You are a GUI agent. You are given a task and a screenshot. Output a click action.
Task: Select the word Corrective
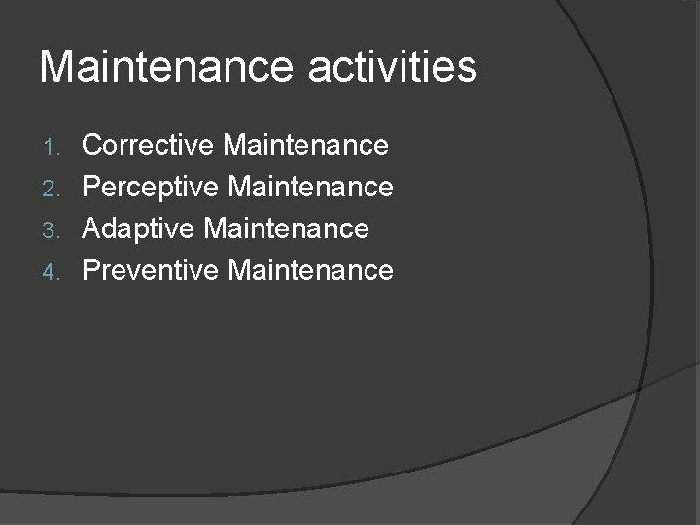(148, 146)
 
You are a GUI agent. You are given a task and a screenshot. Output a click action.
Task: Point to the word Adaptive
(140, 228)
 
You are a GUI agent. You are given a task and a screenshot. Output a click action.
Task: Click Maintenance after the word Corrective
(305, 146)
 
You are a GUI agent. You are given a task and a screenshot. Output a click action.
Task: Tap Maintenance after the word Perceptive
(310, 187)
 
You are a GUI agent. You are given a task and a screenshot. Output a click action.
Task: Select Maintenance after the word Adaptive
(286, 228)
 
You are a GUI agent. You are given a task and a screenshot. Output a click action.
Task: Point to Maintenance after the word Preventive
(310, 269)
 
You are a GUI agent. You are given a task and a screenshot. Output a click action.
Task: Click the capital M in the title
(56, 67)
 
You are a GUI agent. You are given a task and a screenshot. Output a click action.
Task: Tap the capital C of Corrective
(93, 146)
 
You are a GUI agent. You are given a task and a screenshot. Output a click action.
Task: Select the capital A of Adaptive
(92, 228)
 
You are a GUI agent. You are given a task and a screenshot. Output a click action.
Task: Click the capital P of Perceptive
(92, 187)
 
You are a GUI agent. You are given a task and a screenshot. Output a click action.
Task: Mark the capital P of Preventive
(92, 269)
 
